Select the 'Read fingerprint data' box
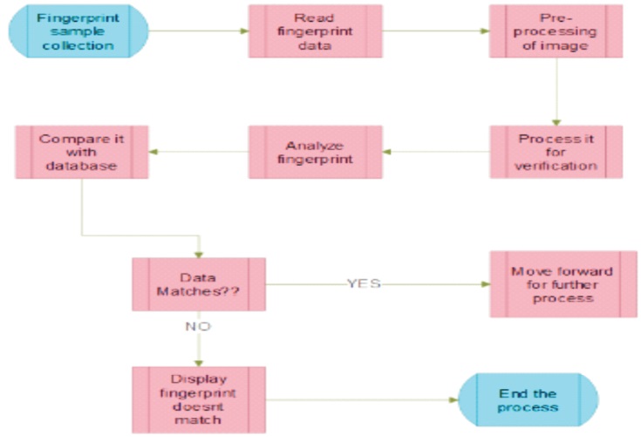[x=315, y=31]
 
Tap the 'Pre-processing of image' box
[x=556, y=31]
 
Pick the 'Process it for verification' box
[x=556, y=153]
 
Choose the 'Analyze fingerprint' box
[x=315, y=153]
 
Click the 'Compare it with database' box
[x=81, y=153]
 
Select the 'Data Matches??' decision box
[x=199, y=284]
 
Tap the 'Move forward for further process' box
[x=556, y=284]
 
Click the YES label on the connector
[x=364, y=284]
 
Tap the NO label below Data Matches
[x=199, y=326]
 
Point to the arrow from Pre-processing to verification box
[x=556, y=92]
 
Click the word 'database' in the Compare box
[x=81, y=166]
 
